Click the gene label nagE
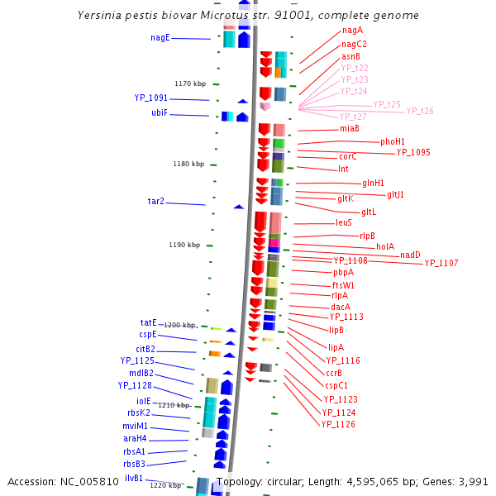click(x=160, y=37)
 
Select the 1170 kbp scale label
click(x=189, y=83)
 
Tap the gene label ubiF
click(x=160, y=112)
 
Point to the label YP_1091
click(x=151, y=98)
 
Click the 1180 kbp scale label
click(x=188, y=164)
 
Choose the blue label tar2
click(x=155, y=201)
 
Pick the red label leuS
click(x=344, y=222)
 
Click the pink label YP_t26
click(x=419, y=111)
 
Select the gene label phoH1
click(x=393, y=141)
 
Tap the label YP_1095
click(x=413, y=152)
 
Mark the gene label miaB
click(x=349, y=128)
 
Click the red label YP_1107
click(x=441, y=263)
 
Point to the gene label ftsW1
click(x=343, y=285)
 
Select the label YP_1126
click(x=338, y=424)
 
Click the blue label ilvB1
click(x=134, y=478)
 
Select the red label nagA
click(x=352, y=31)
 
